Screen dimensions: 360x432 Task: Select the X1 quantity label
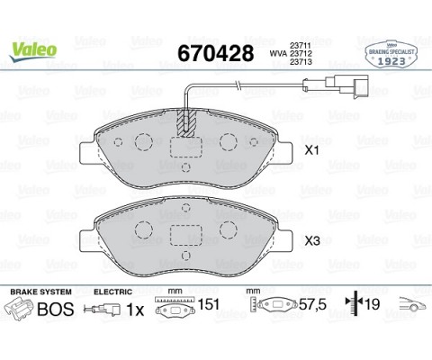312,152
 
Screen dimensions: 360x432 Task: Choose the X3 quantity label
312,241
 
